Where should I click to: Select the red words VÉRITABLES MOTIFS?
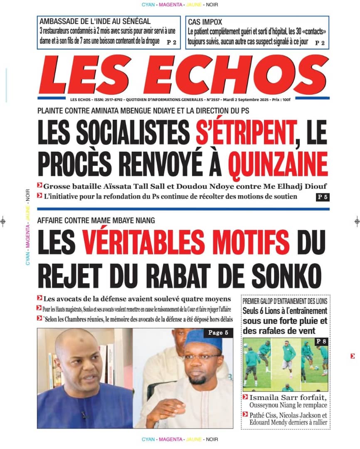[186, 242]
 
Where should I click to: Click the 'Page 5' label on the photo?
[218, 333]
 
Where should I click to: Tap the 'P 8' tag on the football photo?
[321, 342]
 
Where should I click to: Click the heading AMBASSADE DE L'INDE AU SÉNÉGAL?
[95, 22]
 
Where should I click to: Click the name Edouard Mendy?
[270, 422]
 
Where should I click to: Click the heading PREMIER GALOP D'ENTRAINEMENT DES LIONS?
[285, 301]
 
